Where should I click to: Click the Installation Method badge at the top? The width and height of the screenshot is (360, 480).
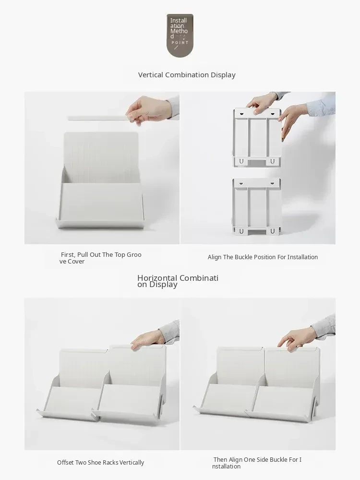[180, 35]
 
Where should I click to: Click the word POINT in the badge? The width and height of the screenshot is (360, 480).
[180, 43]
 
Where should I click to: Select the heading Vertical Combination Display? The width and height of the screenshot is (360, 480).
[187, 75]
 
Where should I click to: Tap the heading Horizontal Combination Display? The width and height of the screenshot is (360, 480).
[178, 281]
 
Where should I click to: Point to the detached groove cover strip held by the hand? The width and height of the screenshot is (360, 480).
[98, 118]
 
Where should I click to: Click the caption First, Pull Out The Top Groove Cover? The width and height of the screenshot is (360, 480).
[100, 258]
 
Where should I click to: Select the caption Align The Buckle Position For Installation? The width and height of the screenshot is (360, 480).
[263, 257]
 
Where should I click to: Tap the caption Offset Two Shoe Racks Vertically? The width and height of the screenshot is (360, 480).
[100, 462]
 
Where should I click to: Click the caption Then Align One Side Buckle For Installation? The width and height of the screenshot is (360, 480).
[257, 463]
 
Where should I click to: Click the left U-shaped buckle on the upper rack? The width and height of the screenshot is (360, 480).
[241, 161]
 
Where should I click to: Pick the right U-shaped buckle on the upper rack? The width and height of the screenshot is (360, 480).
[273, 161]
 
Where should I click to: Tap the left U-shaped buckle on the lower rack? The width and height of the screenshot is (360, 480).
[241, 231]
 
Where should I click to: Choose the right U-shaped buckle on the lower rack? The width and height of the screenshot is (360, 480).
[273, 231]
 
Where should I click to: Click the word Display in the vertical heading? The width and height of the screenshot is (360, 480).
[223, 75]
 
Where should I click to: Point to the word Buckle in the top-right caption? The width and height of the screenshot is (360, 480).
[243, 257]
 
